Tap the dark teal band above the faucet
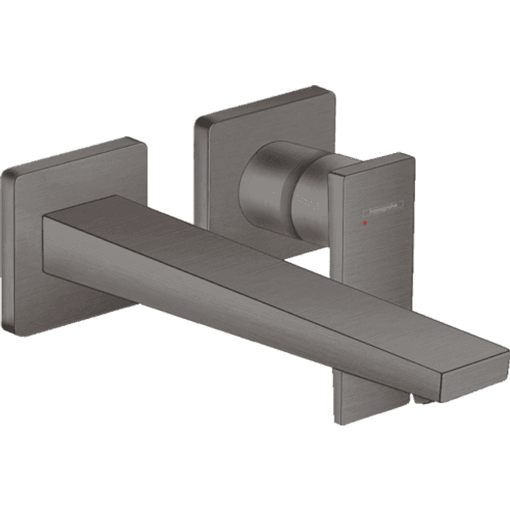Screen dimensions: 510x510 pos(255,40)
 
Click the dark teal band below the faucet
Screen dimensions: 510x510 pos(255,470)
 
